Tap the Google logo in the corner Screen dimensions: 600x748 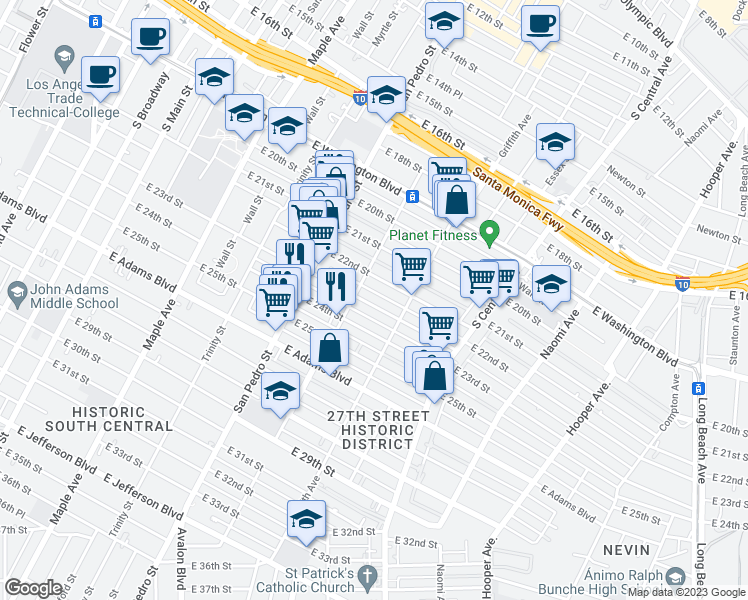34,588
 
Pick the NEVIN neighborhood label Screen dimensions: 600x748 626,550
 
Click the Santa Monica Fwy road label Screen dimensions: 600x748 517,201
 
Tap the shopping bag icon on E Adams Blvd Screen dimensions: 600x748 330,349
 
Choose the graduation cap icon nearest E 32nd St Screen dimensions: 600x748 306,518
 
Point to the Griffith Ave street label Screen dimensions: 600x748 517,140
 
